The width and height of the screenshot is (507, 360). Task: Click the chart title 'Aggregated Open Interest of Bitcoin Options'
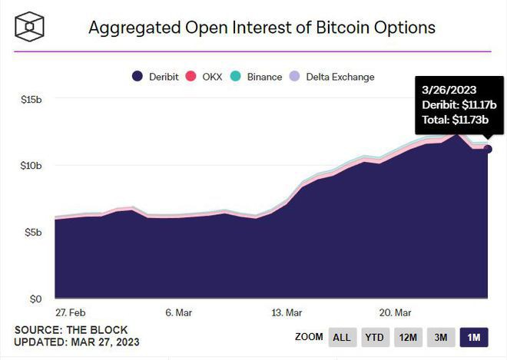pyautogui.click(x=262, y=28)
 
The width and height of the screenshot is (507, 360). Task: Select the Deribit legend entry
pyautogui.click(x=156, y=77)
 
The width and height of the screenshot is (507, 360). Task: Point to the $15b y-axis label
pyautogui.click(x=31, y=99)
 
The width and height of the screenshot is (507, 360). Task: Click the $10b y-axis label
pyautogui.click(x=31, y=165)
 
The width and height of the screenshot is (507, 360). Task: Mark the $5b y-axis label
pyautogui.click(x=32, y=232)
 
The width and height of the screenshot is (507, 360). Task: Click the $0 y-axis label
pyautogui.click(x=35, y=299)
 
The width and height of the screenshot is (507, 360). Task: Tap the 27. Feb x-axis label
pyautogui.click(x=71, y=312)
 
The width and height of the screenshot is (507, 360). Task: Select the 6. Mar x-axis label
pyautogui.click(x=177, y=312)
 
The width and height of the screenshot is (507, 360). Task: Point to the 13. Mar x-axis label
pyautogui.click(x=287, y=312)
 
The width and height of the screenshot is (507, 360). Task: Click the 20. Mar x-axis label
pyautogui.click(x=396, y=312)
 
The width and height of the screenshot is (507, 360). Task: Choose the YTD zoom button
pyautogui.click(x=374, y=337)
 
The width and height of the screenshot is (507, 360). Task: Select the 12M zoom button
pyautogui.click(x=408, y=337)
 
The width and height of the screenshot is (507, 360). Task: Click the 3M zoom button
pyautogui.click(x=441, y=337)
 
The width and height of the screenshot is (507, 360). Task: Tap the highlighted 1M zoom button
pyautogui.click(x=473, y=337)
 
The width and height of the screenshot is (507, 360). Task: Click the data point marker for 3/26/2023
pyautogui.click(x=488, y=149)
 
